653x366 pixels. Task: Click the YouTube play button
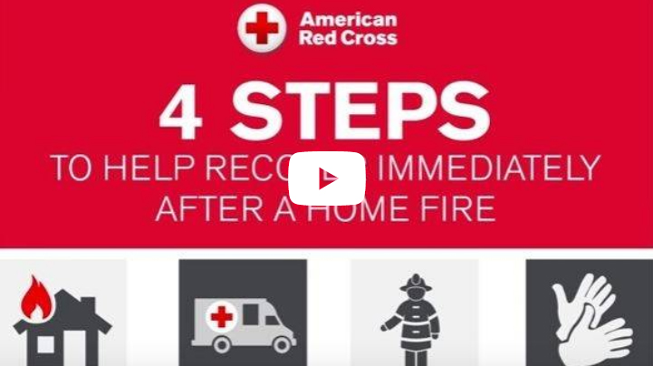(x=327, y=178)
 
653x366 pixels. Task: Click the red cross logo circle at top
(x=262, y=28)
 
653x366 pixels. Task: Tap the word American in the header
(x=347, y=19)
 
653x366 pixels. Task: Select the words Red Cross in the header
(x=348, y=38)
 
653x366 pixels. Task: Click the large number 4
(x=181, y=114)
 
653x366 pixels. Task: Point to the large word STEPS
(x=369, y=114)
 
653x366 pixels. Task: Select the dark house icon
(x=60, y=332)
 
